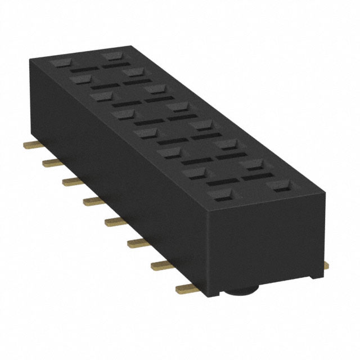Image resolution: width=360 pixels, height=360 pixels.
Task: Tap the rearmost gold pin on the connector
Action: click(33, 145)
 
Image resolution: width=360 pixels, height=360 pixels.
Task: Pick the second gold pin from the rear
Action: click(52, 163)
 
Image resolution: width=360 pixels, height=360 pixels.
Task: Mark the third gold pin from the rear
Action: click(73, 181)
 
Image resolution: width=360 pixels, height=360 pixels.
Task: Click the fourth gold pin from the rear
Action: click(93, 201)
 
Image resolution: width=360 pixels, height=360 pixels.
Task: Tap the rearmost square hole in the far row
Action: click(113, 56)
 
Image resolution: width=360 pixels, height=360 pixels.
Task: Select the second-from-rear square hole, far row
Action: click(134, 72)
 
